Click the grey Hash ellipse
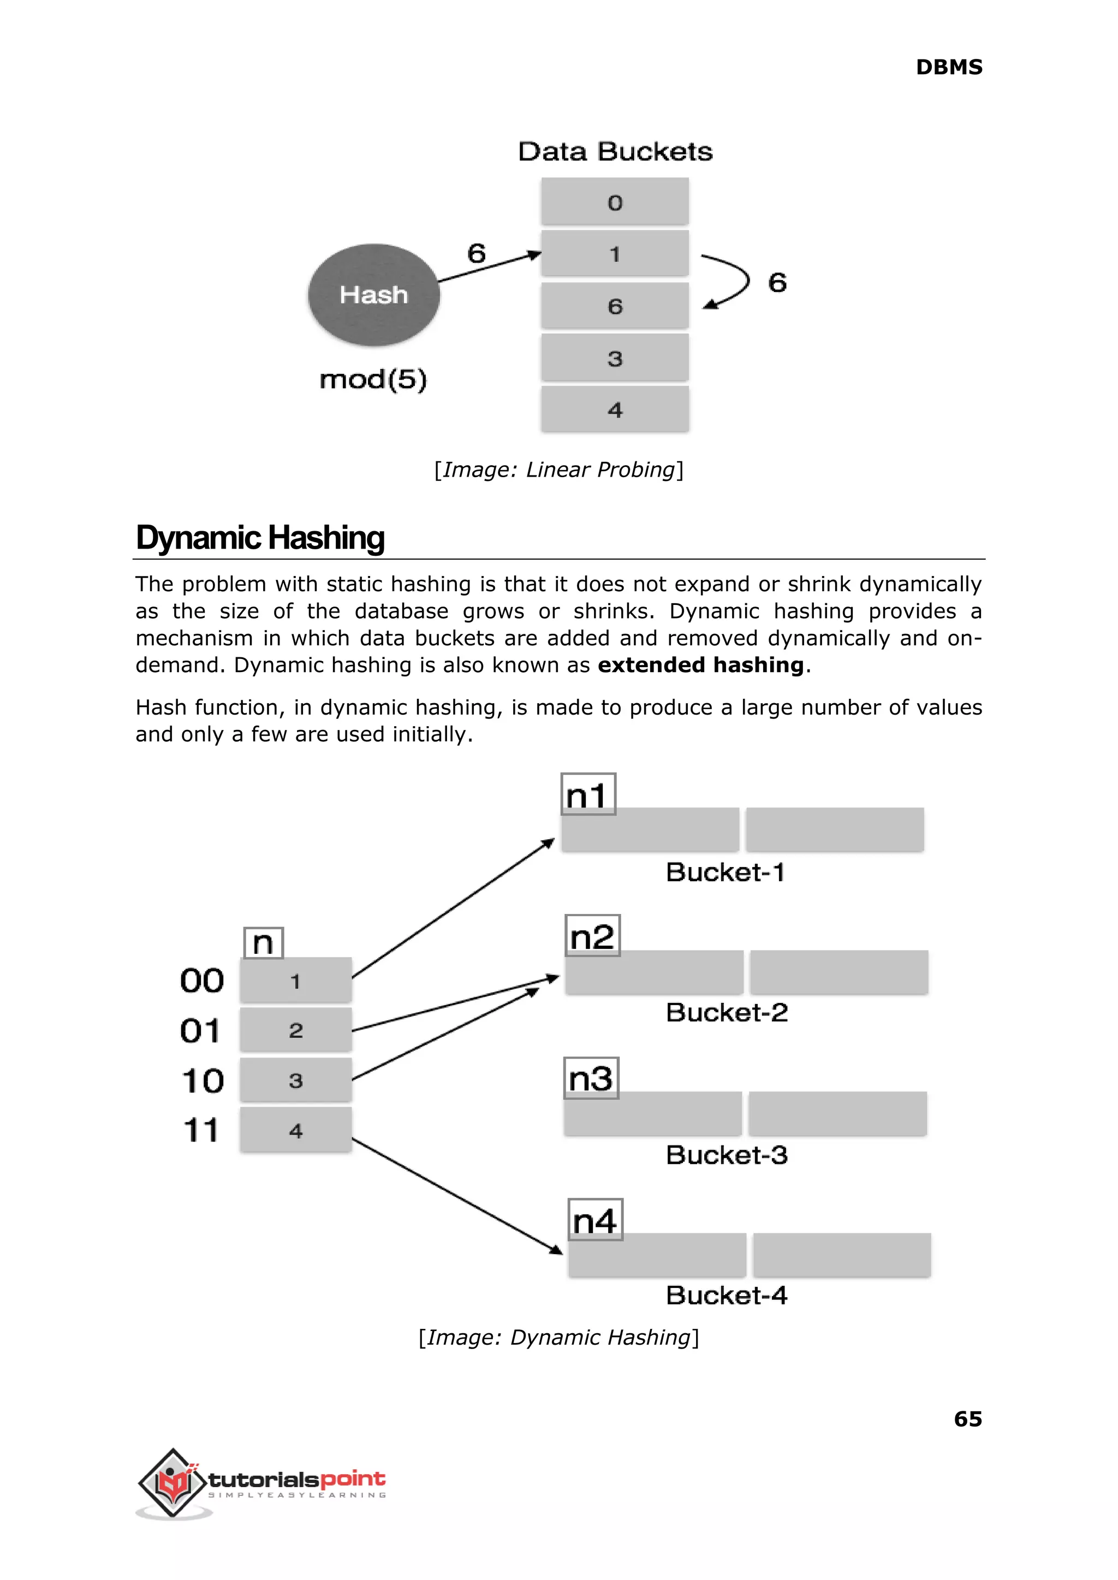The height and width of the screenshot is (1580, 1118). click(x=374, y=295)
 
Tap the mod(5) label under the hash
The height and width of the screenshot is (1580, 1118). click(x=373, y=379)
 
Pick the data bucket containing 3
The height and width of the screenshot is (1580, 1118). click(x=615, y=358)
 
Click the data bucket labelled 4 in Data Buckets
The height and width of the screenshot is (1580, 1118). click(x=615, y=409)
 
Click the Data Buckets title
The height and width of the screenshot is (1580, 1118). click(x=615, y=151)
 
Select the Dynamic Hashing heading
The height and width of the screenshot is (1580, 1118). click(x=260, y=538)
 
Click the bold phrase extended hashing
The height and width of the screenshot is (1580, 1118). click(x=700, y=665)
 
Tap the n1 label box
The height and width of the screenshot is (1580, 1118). click(x=588, y=794)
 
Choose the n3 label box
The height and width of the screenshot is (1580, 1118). click(x=591, y=1078)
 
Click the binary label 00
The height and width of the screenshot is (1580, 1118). click(x=201, y=981)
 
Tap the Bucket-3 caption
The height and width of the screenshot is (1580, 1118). click(x=726, y=1155)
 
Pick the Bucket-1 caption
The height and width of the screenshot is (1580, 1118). click(x=725, y=872)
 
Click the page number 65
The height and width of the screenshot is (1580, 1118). click(x=967, y=1419)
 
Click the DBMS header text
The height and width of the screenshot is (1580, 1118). click(x=949, y=68)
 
